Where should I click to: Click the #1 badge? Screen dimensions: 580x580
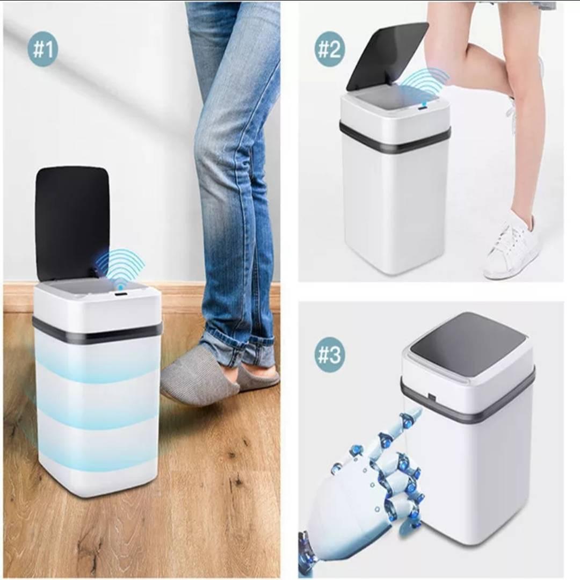click(x=43, y=48)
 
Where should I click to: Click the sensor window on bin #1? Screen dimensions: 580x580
click(x=121, y=294)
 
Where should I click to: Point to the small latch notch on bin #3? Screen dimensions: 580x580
click(x=431, y=397)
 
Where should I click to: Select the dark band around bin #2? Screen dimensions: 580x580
click(x=395, y=137)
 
